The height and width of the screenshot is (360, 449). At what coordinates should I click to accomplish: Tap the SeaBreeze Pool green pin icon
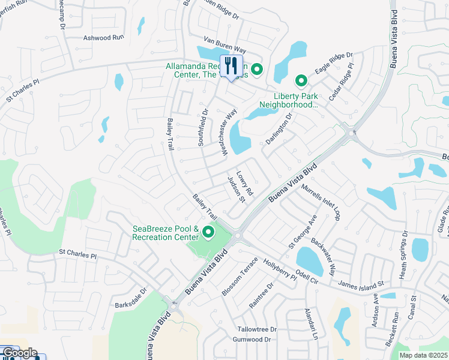click(209, 232)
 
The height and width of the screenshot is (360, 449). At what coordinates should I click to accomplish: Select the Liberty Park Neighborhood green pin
click(300, 80)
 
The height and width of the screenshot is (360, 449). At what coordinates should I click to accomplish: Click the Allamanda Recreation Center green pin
click(257, 70)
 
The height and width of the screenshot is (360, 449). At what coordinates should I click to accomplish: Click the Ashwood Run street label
click(104, 37)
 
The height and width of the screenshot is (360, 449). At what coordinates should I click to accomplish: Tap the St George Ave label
click(302, 233)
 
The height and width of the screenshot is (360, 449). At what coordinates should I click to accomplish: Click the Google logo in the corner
click(19, 353)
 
